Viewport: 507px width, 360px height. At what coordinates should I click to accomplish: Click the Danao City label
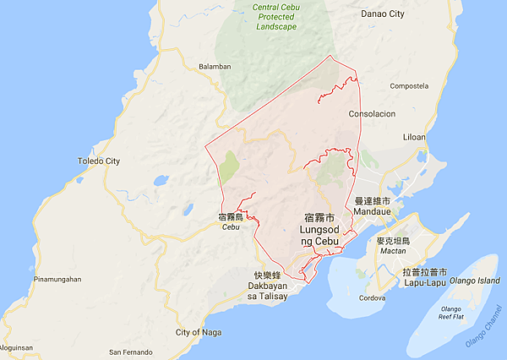click(x=406, y=14)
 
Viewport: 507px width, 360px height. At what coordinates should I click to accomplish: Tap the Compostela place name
click(x=410, y=85)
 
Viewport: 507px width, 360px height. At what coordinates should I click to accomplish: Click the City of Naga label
click(x=199, y=332)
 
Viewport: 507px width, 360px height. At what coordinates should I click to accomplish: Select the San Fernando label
click(x=131, y=352)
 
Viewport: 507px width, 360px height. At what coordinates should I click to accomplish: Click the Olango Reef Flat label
click(x=450, y=314)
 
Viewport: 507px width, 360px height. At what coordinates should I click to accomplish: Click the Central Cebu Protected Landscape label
click(x=275, y=17)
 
